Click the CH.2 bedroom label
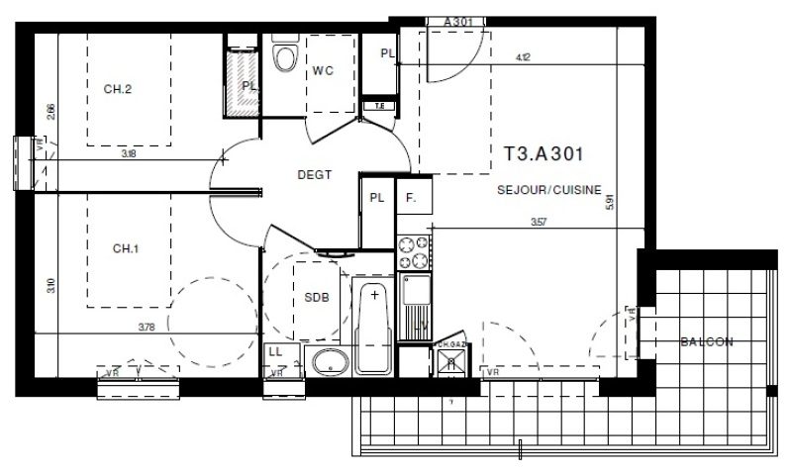[118, 89]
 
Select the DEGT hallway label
[314, 175]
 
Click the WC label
[323, 70]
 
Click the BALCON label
[706, 342]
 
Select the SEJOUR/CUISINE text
[549, 190]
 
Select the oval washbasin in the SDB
[327, 361]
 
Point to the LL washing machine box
[276, 352]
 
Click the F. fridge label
[409, 197]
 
